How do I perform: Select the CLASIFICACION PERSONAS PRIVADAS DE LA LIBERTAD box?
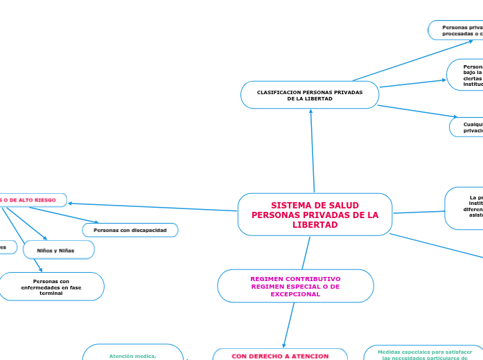[310, 95]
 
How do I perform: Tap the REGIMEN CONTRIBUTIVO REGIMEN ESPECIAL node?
[295, 286]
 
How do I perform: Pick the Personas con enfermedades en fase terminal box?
[51, 287]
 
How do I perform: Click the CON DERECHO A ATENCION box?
[280, 355]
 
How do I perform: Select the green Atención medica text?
[132, 356]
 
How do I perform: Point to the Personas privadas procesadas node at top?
[457, 30]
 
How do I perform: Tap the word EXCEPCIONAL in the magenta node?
[295, 294]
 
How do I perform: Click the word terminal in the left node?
[51, 294]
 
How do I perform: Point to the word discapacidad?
[150, 229]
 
